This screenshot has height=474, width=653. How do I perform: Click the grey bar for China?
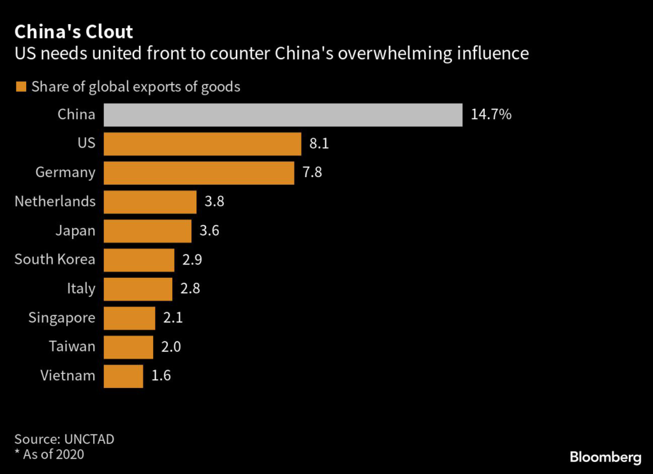[282, 115]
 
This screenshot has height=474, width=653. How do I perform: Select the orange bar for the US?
[202, 144]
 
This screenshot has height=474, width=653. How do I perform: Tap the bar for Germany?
[198, 173]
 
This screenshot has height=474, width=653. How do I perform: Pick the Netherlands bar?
[149, 202]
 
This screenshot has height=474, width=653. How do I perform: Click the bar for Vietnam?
[122, 376]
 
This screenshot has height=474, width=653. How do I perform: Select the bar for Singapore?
[129, 318]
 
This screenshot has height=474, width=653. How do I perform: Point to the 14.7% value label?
[491, 115]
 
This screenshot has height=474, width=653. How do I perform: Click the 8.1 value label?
[319, 144]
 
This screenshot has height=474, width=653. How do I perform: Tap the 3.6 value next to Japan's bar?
[209, 231]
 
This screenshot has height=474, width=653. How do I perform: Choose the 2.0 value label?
[171, 347]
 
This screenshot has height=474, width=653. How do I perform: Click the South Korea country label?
[55, 259]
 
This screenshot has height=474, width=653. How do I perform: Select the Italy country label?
[81, 289]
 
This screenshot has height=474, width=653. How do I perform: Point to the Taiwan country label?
[72, 347]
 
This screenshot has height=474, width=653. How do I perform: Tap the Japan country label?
[75, 231]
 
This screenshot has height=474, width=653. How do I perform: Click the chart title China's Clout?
[74, 32]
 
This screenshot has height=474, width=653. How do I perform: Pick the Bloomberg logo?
[605, 457]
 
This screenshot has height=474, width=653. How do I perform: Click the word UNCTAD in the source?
[87, 439]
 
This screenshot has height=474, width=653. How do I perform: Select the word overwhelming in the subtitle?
[390, 53]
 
